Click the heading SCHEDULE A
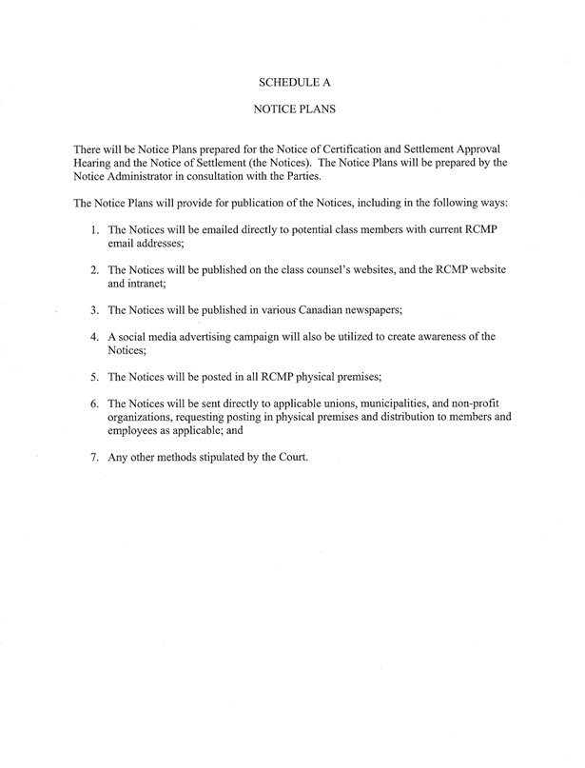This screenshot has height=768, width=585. coord(293,82)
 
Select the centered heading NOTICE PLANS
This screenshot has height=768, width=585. coord(293,110)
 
